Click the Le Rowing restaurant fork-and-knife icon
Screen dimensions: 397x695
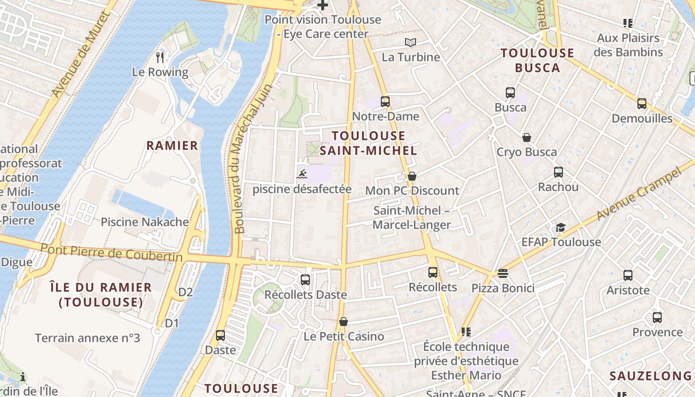point(160,58)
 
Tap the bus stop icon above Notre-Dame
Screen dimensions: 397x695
point(385,102)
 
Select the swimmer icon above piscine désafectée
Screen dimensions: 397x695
point(302,174)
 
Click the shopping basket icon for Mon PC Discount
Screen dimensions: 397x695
point(412,176)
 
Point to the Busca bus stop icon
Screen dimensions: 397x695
point(510,93)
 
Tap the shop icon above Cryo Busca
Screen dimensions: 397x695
point(526,137)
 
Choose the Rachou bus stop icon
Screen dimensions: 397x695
point(558,172)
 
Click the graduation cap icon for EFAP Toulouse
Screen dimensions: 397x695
point(560,227)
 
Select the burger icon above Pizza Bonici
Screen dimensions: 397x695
point(503,273)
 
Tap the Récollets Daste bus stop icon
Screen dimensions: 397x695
point(305,280)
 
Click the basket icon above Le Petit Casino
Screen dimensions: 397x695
point(344,322)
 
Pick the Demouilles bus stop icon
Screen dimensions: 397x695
point(642,104)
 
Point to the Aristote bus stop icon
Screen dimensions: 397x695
point(628,275)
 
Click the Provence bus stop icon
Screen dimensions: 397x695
point(657,318)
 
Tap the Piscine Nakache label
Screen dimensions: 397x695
point(145,222)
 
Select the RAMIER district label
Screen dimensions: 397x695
point(172,145)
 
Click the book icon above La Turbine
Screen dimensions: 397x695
point(411,42)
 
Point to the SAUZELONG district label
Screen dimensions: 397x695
point(650,376)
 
